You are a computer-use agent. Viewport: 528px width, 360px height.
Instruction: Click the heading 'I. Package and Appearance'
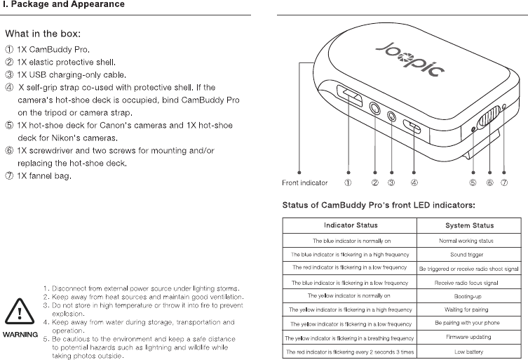coord(64,5)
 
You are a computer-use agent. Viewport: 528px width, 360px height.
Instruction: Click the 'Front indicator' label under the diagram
coord(299,183)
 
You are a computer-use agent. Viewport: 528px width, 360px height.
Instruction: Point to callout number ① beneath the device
coord(347,183)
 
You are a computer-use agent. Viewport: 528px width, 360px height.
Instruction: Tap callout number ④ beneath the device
coord(414,183)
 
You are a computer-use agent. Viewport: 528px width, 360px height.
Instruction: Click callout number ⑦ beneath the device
coord(504,183)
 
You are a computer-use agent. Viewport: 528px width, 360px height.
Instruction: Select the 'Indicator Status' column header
coord(350,225)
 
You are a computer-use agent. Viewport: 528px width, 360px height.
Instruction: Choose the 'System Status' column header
coord(469,225)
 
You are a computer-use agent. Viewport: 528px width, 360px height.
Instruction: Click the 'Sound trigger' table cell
coord(469,254)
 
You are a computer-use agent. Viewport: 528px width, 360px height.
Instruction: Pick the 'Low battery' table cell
coord(469,351)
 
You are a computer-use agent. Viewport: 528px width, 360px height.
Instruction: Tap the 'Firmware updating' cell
coord(469,337)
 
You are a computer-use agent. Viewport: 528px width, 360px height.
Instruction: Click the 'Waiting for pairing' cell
coord(469,309)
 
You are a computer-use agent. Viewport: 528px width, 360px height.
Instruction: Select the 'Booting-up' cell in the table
coord(469,295)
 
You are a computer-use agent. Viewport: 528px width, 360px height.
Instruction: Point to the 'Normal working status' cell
coord(469,240)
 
